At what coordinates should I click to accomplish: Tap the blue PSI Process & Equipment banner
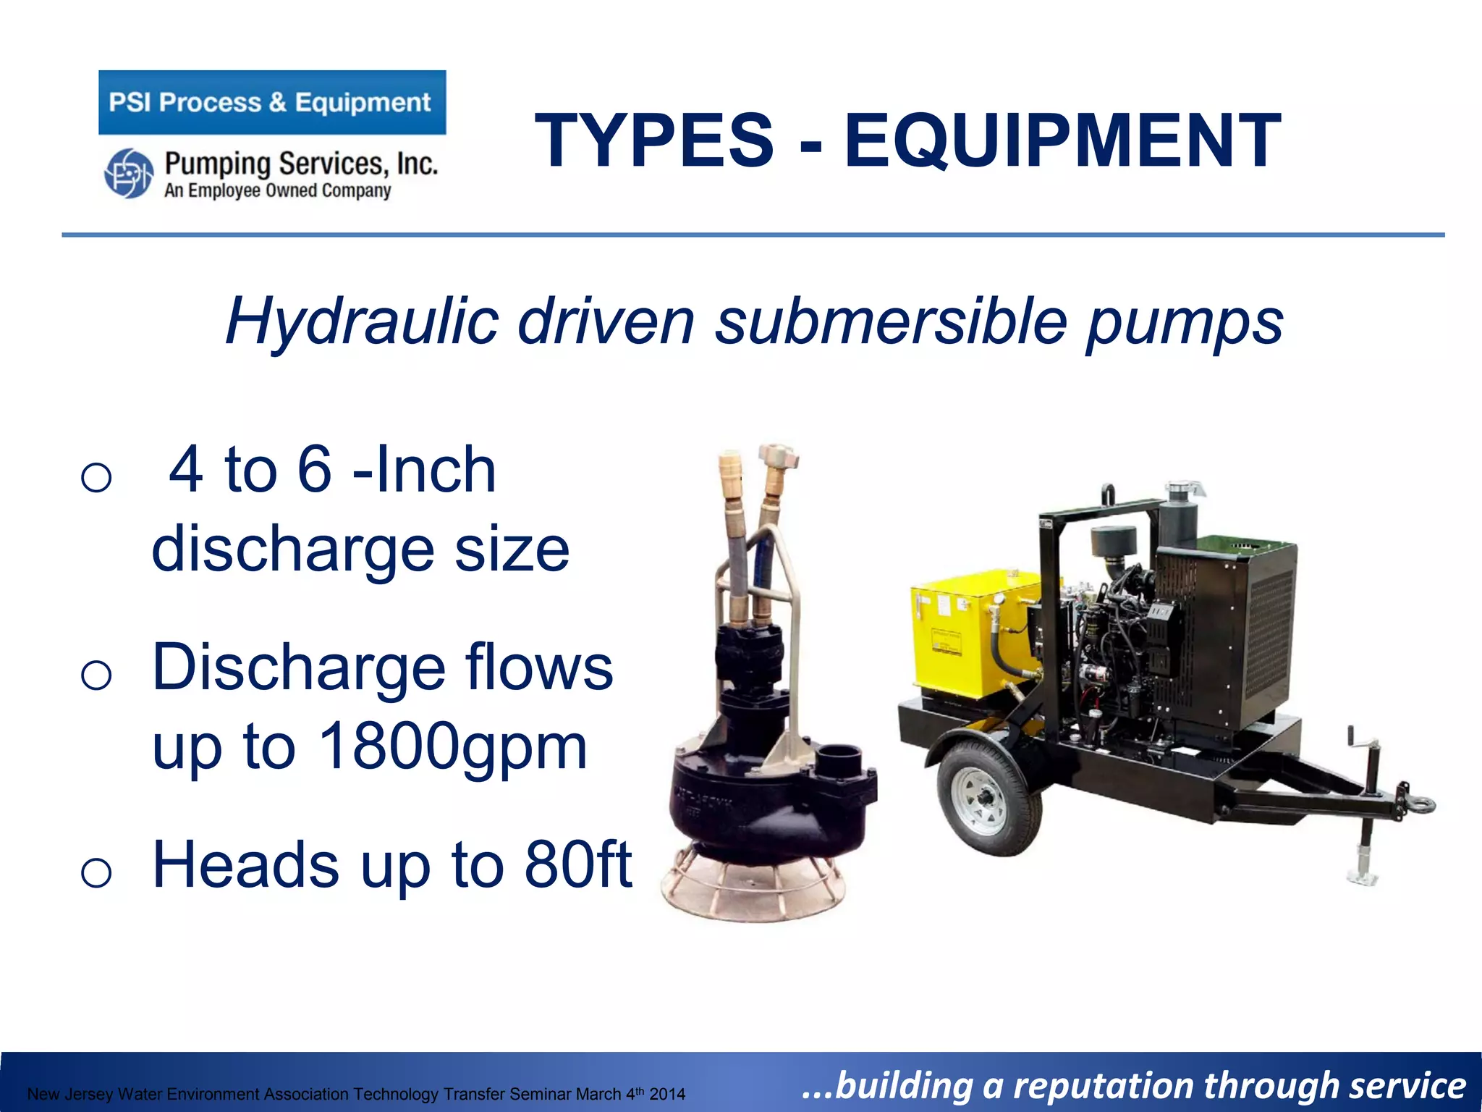click(272, 102)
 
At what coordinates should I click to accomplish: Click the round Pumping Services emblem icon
click(129, 173)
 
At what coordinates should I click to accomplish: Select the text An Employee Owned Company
click(277, 190)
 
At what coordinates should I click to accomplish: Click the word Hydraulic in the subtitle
click(362, 321)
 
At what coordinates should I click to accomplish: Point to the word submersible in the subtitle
click(891, 321)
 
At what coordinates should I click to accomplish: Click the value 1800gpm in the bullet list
click(452, 746)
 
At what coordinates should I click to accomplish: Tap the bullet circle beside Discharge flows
click(96, 675)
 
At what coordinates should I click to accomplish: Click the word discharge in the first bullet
click(292, 549)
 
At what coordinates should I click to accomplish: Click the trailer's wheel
click(988, 797)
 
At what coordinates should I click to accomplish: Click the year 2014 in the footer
click(667, 1094)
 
